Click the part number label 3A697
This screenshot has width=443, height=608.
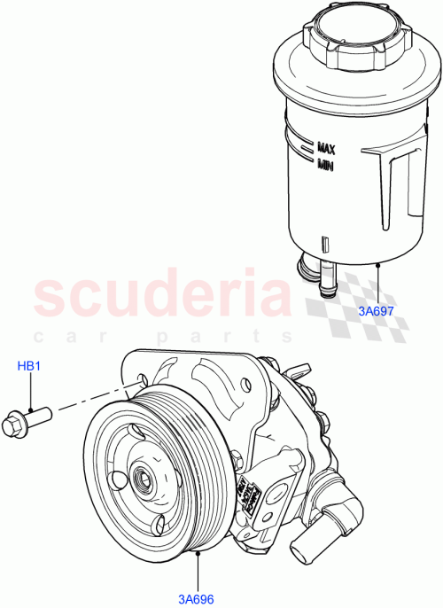376,311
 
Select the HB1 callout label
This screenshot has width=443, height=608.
31,366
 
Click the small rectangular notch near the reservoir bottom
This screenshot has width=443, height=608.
324,242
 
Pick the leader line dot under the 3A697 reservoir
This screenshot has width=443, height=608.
378,263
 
